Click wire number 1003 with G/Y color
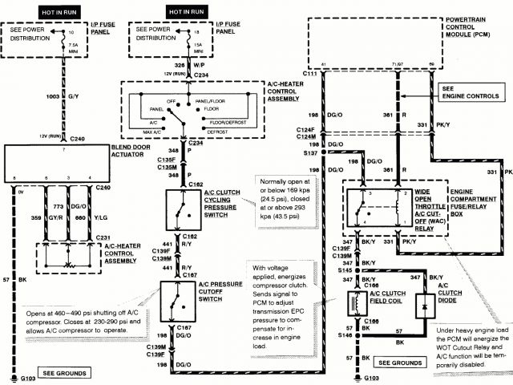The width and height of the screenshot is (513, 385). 55,95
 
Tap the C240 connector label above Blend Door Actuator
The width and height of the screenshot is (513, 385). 77,139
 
